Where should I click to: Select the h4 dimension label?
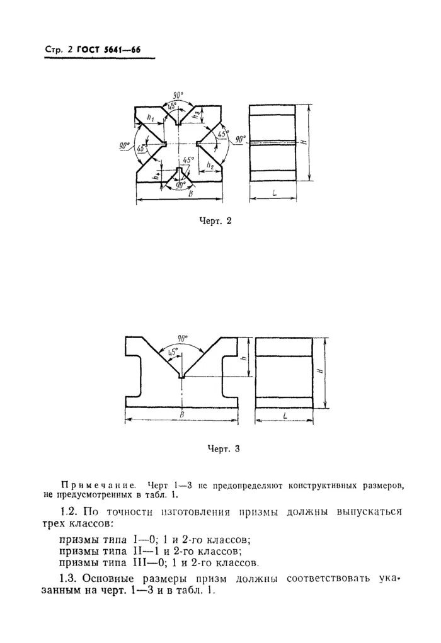(x=155, y=178)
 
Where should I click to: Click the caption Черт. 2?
(x=215, y=220)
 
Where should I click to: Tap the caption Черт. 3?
(x=224, y=449)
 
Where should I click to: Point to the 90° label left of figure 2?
(x=123, y=145)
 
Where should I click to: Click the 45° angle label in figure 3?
(x=172, y=350)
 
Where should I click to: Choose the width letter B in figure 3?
(x=181, y=414)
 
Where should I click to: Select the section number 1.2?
(x=67, y=511)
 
